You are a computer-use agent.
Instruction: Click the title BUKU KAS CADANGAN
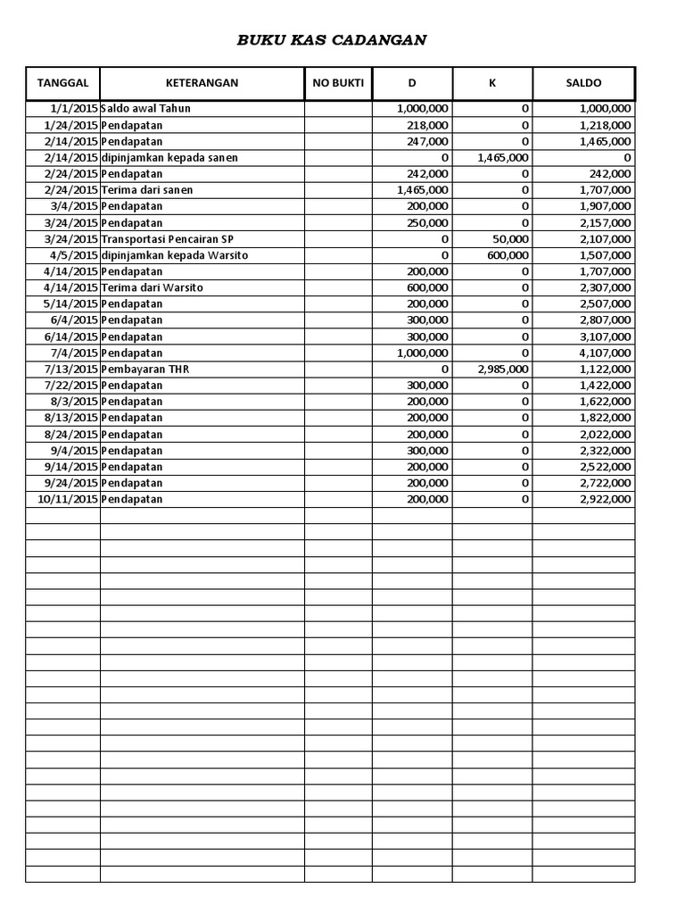tap(331, 40)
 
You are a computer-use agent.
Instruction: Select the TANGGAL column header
tap(62, 83)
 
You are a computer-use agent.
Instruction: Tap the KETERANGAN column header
tap(202, 83)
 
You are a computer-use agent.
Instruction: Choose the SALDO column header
tap(583, 83)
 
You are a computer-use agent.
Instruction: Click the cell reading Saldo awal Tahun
tap(146, 108)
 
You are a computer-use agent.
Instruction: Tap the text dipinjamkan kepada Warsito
tap(174, 255)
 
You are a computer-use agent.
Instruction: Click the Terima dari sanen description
tap(147, 190)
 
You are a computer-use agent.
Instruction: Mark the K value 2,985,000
tap(503, 370)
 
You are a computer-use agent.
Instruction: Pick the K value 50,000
tap(510, 239)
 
